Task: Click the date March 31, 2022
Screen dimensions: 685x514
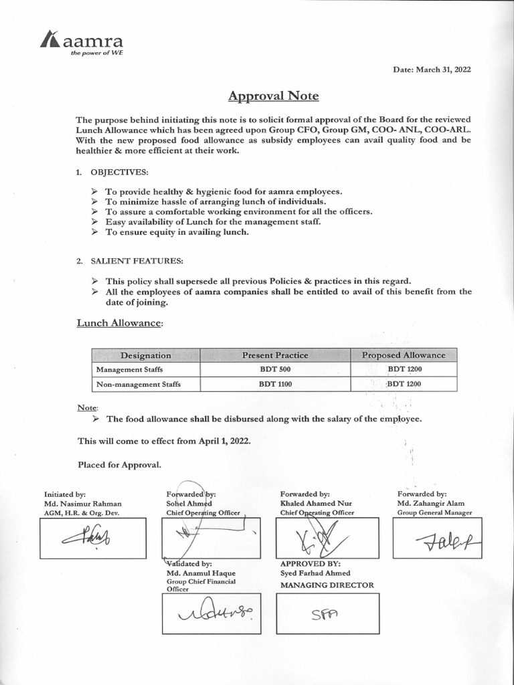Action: pyautogui.click(x=432, y=70)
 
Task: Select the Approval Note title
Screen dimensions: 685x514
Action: pyautogui.click(x=273, y=96)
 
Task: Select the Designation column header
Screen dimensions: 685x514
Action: pyautogui.click(x=145, y=355)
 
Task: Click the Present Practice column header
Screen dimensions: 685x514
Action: pyautogui.click(x=275, y=355)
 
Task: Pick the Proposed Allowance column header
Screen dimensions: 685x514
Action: pyautogui.click(x=403, y=355)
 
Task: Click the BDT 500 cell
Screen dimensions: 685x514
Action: pyautogui.click(x=275, y=369)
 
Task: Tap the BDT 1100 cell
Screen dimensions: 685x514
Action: pyautogui.click(x=275, y=384)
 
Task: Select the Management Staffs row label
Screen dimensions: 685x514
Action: pyautogui.click(x=129, y=369)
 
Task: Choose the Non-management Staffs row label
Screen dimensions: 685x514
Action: pyautogui.click(x=139, y=384)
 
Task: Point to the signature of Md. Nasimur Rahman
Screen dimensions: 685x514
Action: pyautogui.click(x=93, y=537)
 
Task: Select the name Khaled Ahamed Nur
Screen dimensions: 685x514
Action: pyautogui.click(x=316, y=503)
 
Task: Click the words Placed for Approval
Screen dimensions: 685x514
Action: pyautogui.click(x=118, y=464)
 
